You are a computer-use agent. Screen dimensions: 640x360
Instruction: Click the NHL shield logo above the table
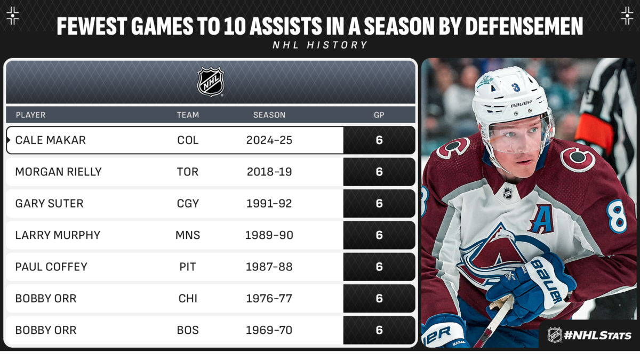click(211, 82)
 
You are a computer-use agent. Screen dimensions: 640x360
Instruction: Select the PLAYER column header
click(30, 115)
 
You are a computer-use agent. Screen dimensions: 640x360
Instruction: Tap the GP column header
click(379, 115)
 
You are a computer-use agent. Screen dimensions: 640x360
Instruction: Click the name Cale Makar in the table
click(50, 140)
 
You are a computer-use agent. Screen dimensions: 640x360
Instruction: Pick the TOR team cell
click(188, 172)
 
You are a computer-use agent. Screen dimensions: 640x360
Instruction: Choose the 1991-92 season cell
click(269, 204)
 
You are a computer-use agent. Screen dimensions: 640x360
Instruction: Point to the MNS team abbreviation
click(188, 235)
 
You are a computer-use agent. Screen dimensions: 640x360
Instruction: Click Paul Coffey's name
click(51, 267)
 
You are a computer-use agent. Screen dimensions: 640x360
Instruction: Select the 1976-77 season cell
click(269, 299)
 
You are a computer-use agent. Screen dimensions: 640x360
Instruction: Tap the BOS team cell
click(188, 330)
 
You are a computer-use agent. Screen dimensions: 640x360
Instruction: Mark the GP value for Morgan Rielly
click(379, 172)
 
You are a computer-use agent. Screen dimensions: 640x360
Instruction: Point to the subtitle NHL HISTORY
click(320, 45)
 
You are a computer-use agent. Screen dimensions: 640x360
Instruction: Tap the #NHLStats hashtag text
click(598, 335)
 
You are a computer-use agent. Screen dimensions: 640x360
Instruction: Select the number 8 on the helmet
click(516, 87)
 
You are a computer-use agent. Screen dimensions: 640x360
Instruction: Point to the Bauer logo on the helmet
click(521, 103)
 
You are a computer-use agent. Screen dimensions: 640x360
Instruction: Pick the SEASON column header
click(269, 115)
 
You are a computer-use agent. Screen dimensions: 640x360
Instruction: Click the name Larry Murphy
click(58, 235)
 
